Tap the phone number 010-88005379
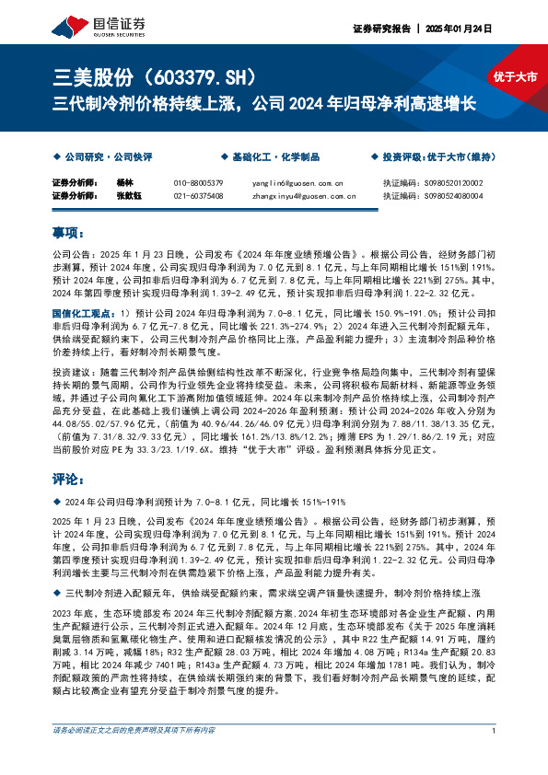198,183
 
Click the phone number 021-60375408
198,195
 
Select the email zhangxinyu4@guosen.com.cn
303,195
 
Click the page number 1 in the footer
496,757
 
